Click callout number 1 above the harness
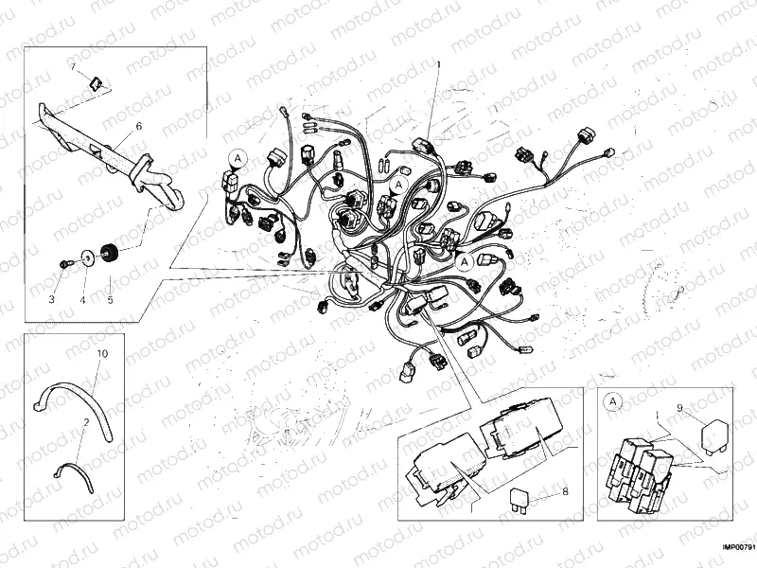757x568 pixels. (x=438, y=64)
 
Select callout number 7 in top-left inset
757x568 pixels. (x=71, y=65)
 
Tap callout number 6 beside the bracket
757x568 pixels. (x=138, y=126)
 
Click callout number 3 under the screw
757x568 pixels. (x=54, y=299)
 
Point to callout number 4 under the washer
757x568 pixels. (x=82, y=299)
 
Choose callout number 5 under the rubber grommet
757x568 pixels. (x=110, y=300)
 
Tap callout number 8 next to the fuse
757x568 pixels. (x=565, y=491)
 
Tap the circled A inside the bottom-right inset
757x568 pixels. (x=614, y=402)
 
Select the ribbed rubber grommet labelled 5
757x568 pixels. (x=108, y=252)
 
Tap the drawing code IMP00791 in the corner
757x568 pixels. (x=738, y=547)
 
